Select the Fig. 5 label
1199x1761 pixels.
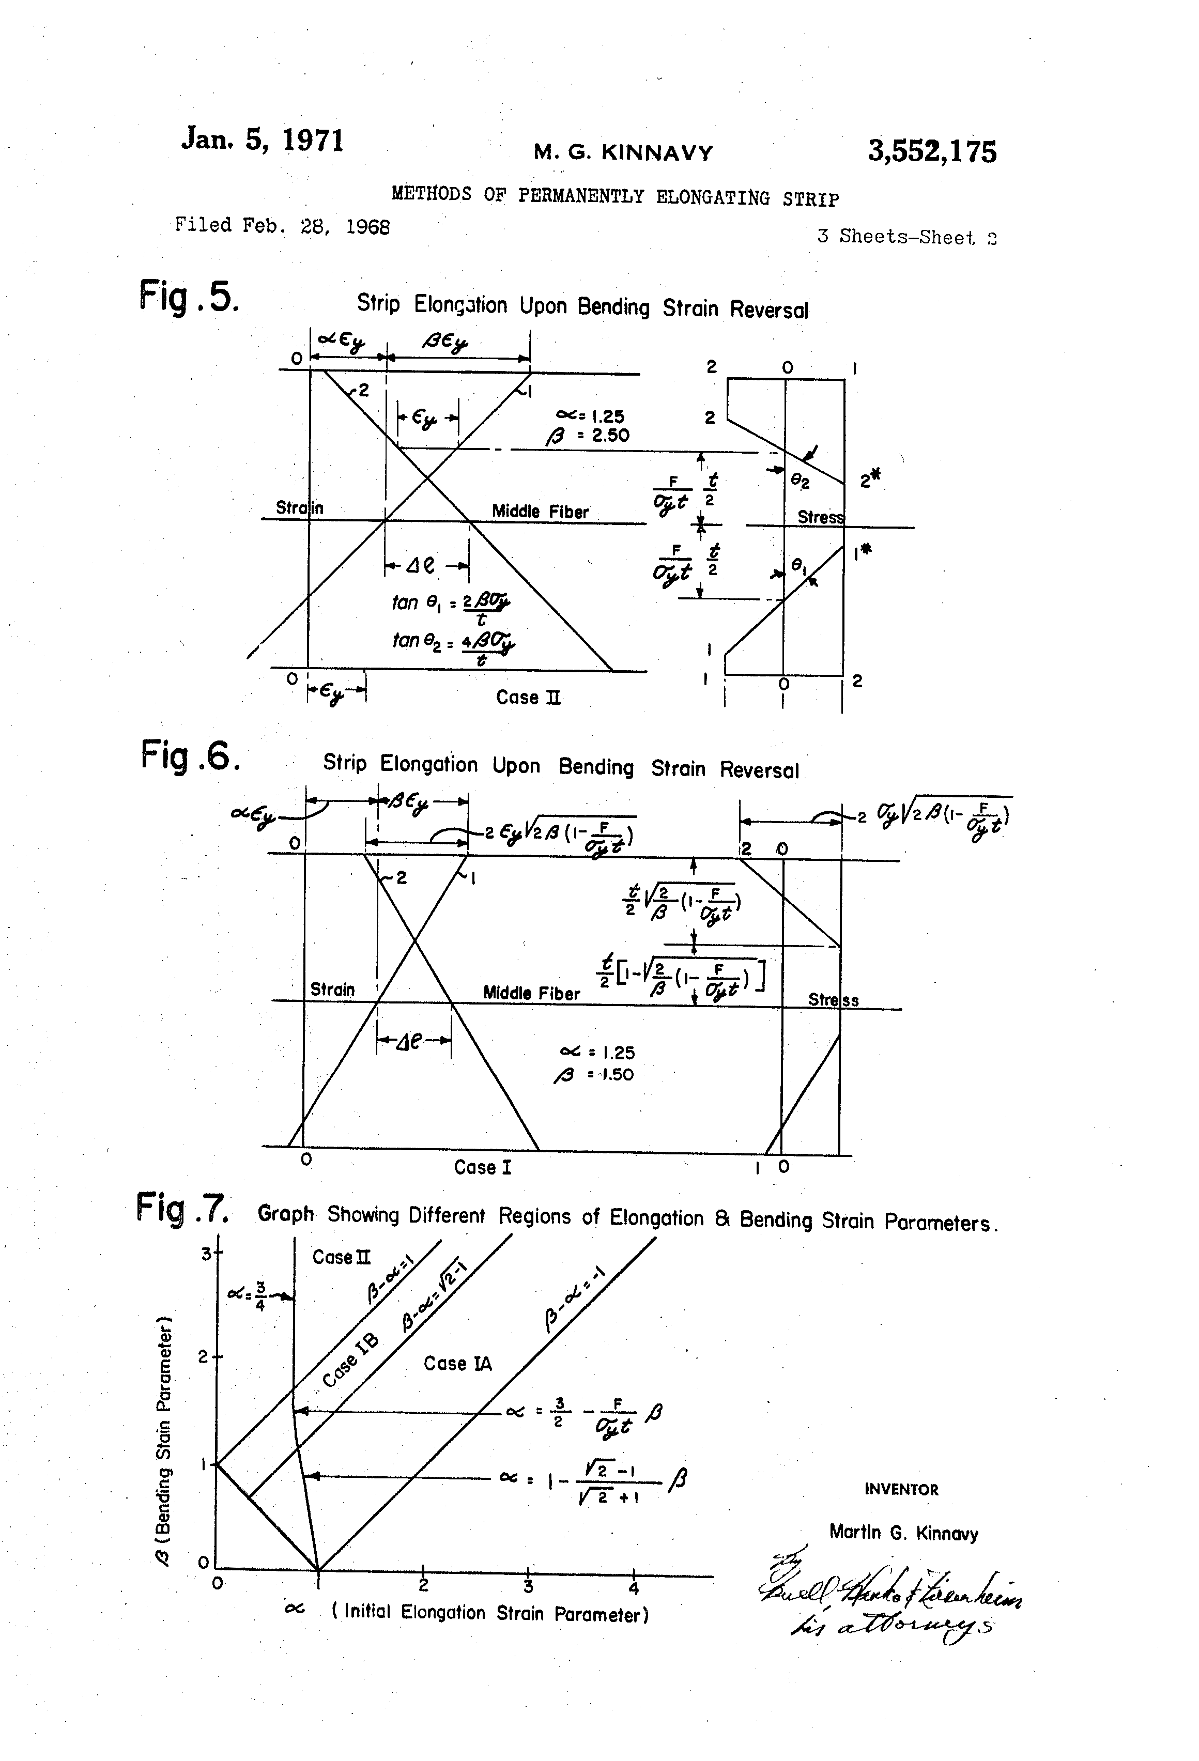[x=189, y=296]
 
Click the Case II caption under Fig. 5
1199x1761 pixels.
[x=528, y=697]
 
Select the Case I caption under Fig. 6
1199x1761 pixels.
[x=483, y=1167]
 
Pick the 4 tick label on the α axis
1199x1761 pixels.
[x=634, y=1587]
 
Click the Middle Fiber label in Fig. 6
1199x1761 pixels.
[x=531, y=993]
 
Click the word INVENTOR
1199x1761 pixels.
[x=901, y=1489]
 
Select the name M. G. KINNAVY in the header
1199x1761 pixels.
[x=623, y=153]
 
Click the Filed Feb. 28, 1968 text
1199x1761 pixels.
[x=282, y=225]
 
